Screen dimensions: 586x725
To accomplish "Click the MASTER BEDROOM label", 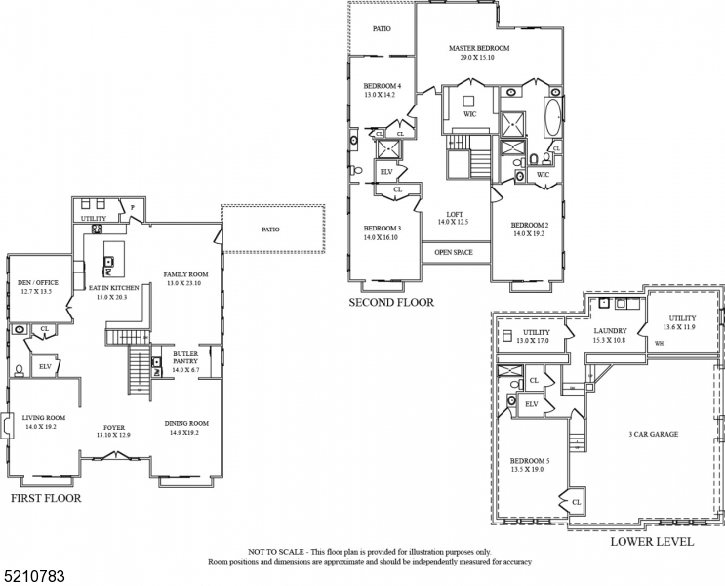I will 479,48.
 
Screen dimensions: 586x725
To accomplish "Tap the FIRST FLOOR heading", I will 45,498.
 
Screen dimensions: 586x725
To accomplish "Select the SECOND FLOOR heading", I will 391,303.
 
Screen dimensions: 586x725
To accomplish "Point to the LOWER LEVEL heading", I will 652,541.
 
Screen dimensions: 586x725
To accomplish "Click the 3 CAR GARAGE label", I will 653,434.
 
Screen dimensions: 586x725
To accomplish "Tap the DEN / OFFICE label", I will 38,283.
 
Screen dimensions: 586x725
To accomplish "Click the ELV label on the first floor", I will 44,366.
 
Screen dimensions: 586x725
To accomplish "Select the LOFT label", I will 455,215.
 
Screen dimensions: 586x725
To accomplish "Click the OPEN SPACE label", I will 454,251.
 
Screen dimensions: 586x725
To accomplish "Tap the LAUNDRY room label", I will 610,331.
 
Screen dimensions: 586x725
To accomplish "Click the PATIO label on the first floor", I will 270,230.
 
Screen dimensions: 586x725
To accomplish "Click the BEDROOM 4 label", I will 383,86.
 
